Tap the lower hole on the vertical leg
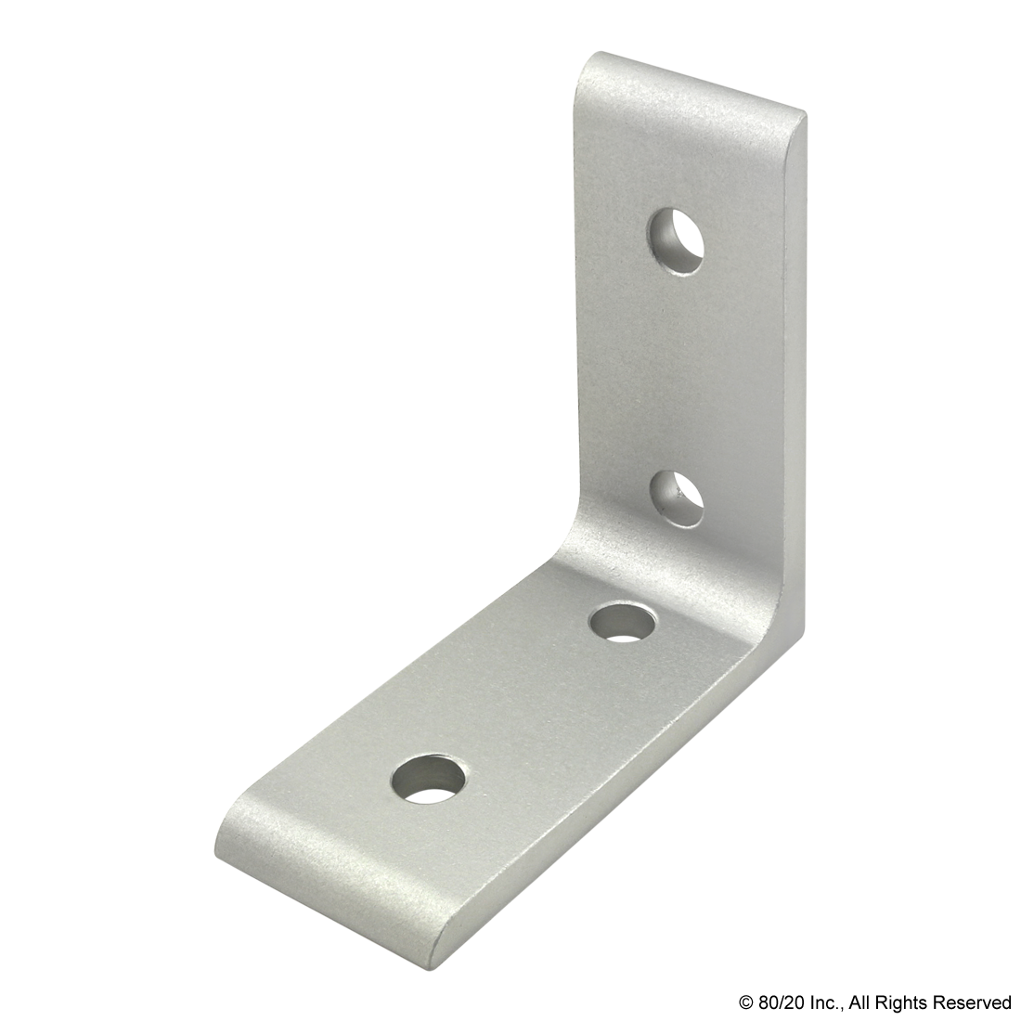coord(678,498)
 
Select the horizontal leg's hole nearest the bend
coord(623,623)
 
